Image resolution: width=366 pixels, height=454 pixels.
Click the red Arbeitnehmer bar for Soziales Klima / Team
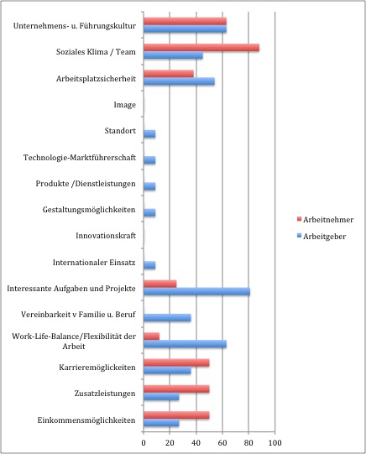tap(201, 48)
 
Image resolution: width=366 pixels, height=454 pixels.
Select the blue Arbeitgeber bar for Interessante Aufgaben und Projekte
tap(197, 291)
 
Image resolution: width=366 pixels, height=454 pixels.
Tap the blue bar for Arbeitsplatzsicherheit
tap(180, 81)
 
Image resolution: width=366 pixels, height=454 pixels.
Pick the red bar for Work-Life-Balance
tap(152, 337)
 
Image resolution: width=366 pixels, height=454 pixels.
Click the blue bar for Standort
tap(149, 134)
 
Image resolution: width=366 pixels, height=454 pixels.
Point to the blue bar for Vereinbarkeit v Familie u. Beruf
tap(167, 318)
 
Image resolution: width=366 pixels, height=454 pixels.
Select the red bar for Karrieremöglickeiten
tap(176, 363)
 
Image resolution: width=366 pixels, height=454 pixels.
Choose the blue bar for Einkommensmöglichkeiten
tap(161, 423)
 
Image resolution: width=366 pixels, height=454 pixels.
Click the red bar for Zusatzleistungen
tap(176, 389)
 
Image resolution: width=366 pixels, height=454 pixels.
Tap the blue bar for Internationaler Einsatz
tap(149, 265)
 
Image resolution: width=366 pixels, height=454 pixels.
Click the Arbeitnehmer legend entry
tap(325, 220)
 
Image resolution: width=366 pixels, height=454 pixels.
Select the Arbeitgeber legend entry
tap(322, 237)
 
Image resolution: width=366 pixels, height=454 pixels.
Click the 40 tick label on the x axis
tap(196, 443)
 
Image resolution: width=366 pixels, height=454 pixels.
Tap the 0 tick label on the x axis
tap(144, 443)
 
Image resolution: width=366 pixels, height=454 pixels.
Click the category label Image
tap(124, 105)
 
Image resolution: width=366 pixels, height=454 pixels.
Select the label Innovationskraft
tap(106, 236)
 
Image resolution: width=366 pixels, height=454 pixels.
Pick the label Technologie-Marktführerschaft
tap(80, 158)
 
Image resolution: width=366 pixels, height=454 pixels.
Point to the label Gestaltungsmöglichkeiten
tap(89, 210)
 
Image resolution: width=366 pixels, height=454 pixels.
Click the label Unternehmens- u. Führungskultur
tap(75, 26)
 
